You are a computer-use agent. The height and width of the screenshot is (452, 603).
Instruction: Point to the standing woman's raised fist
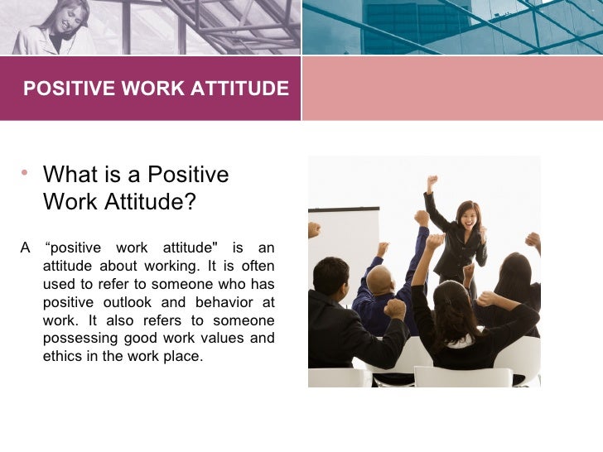[432, 180]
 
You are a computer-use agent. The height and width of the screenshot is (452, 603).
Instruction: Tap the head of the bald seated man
[379, 279]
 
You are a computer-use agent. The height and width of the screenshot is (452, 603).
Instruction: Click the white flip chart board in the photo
[343, 240]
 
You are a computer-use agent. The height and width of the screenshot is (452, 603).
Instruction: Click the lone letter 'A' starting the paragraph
[26, 248]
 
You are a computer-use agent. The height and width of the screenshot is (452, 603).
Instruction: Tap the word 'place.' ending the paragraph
[182, 357]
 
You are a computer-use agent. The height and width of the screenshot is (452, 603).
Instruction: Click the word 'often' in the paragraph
[257, 266]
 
